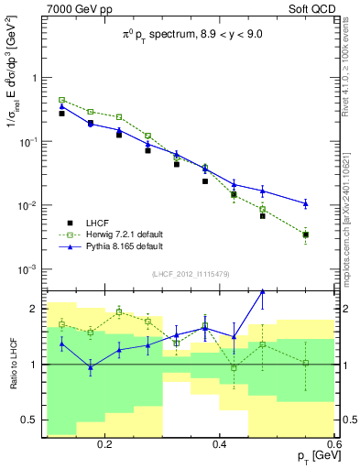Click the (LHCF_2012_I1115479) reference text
191,275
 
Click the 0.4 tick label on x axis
220,442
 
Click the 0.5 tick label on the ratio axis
30,420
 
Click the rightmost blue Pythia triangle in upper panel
306,203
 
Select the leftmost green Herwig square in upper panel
62,100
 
